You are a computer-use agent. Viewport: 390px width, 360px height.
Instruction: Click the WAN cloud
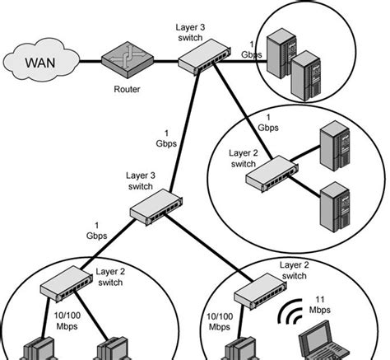[x=41, y=61]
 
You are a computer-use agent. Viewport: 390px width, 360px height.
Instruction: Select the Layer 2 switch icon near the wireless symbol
[x=258, y=288]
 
